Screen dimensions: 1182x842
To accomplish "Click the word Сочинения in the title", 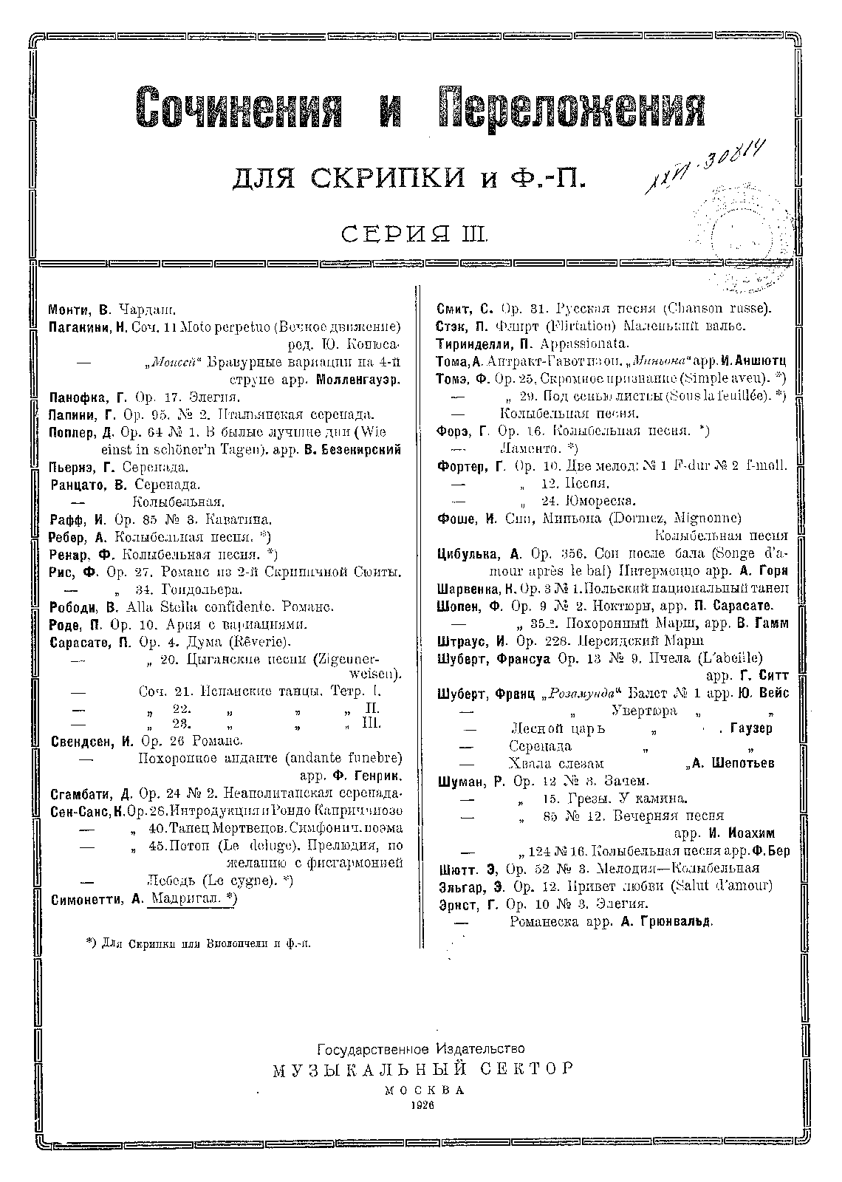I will pos(241,108).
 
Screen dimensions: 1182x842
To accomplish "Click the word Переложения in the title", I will pos(571,108).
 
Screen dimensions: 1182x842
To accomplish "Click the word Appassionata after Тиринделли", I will pos(584,344).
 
